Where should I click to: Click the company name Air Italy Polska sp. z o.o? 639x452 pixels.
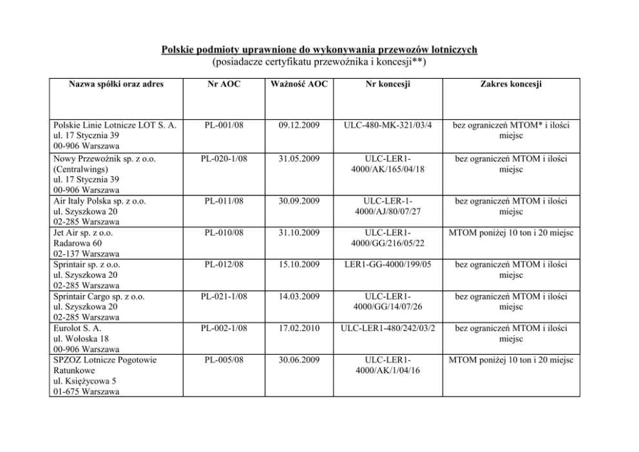[100, 202]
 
